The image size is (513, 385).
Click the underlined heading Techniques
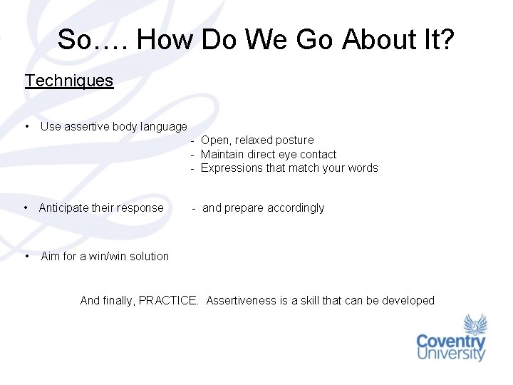point(69,81)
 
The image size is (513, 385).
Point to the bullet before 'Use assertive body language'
point(26,126)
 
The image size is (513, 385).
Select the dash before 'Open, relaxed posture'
point(193,140)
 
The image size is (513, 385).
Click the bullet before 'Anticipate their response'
point(26,207)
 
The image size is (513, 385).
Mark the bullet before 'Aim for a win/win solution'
point(27,256)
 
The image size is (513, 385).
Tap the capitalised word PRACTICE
point(168,301)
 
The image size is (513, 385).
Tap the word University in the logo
point(451,354)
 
